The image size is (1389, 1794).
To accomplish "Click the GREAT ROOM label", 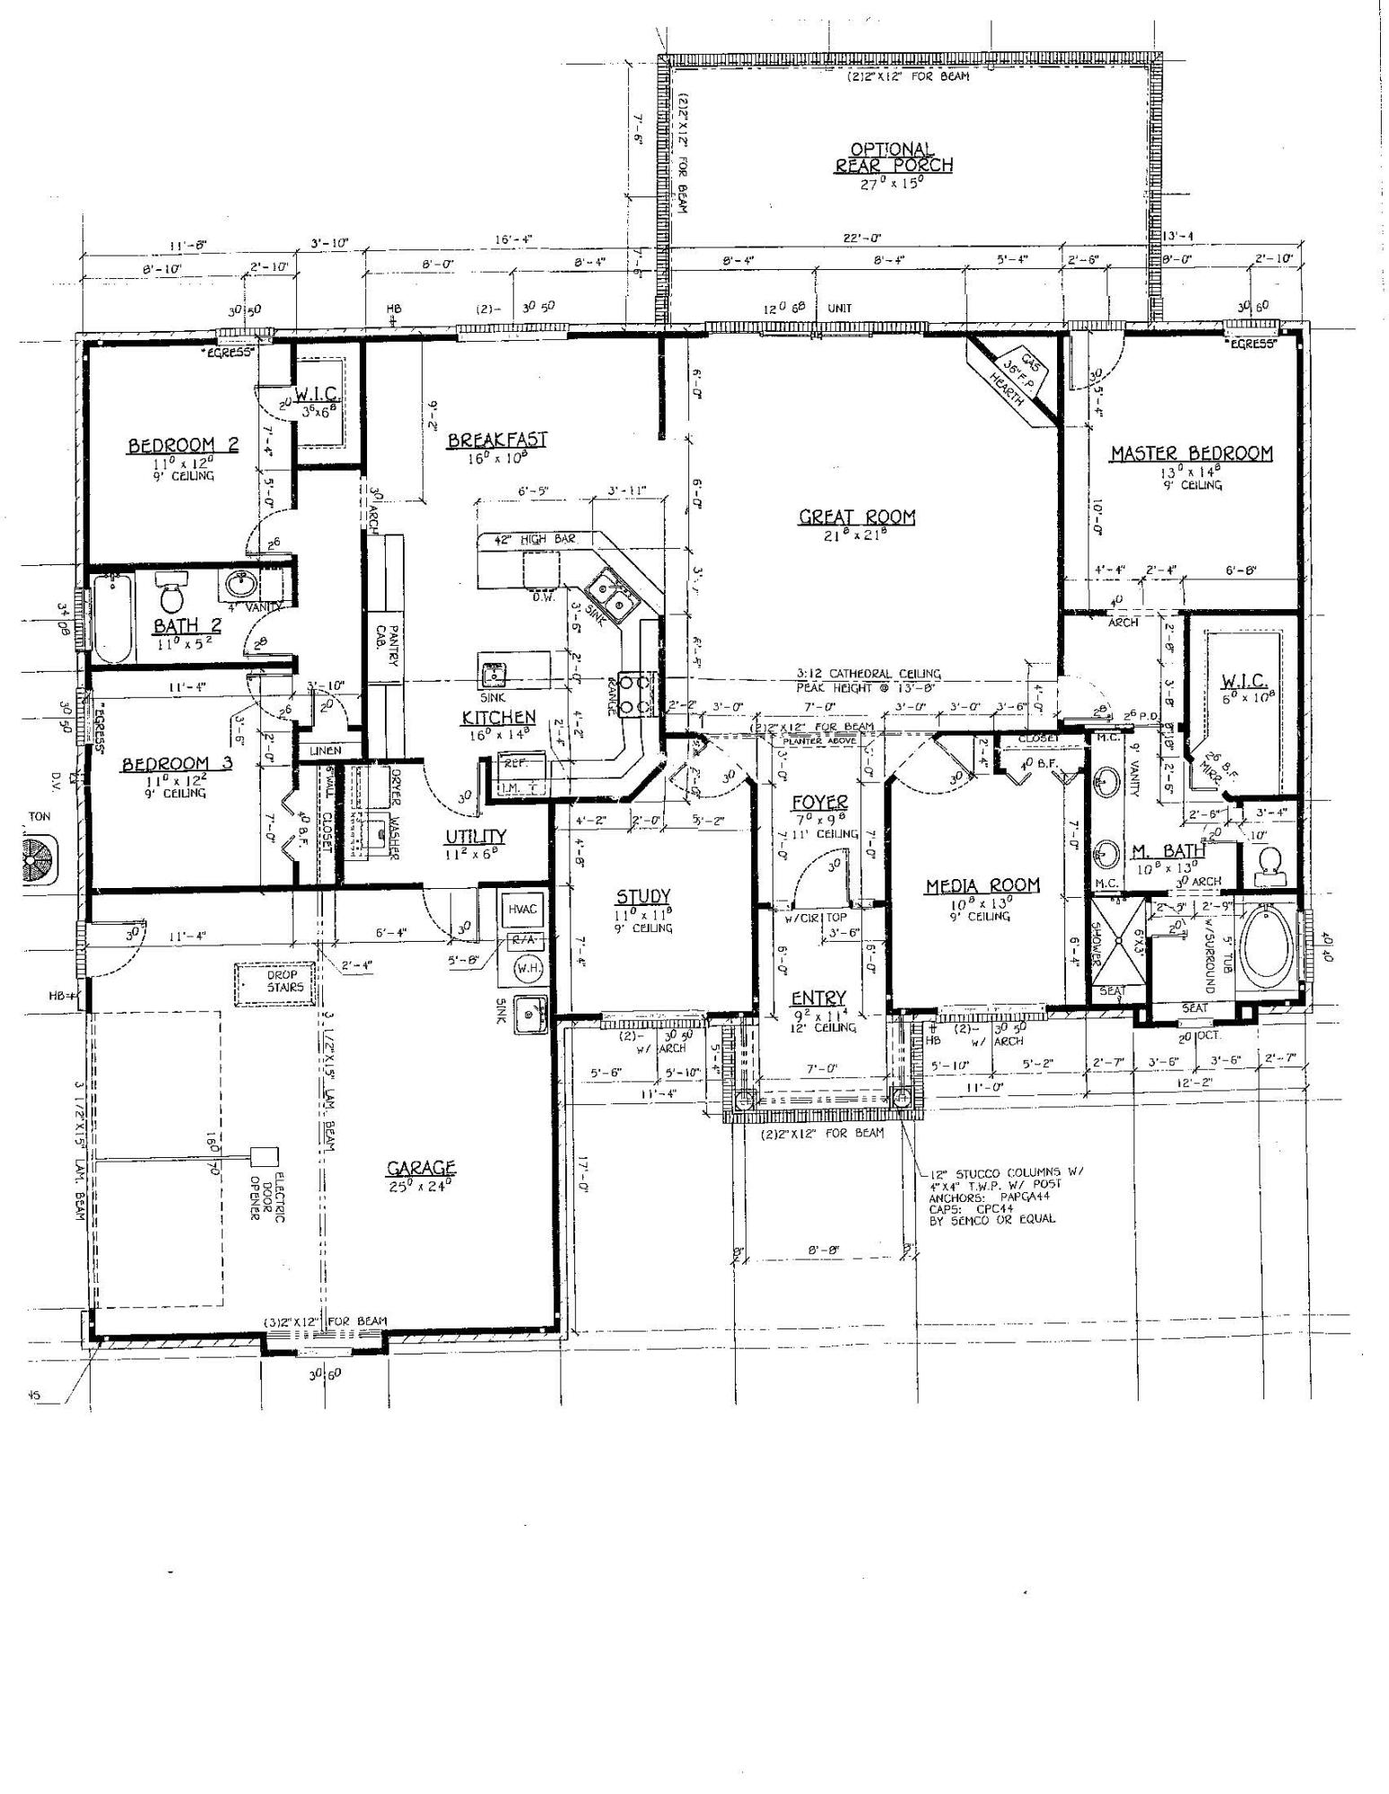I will pyautogui.click(x=857, y=517).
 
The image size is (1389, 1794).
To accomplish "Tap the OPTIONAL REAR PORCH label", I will pyautogui.click(x=894, y=158).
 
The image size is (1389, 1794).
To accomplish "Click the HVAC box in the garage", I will pyautogui.click(x=523, y=910).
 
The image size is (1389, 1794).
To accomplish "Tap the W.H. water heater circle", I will pyautogui.click(x=525, y=969).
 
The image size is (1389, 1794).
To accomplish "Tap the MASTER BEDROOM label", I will pyautogui.click(x=1191, y=454).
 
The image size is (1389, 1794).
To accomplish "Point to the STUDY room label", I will pyautogui.click(x=643, y=897).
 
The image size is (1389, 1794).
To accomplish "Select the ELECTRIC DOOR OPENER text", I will pyautogui.click(x=267, y=1197).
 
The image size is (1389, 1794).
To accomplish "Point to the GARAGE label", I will pyautogui.click(x=421, y=1168).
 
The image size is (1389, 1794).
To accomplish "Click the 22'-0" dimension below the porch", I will pyautogui.click(x=863, y=239).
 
